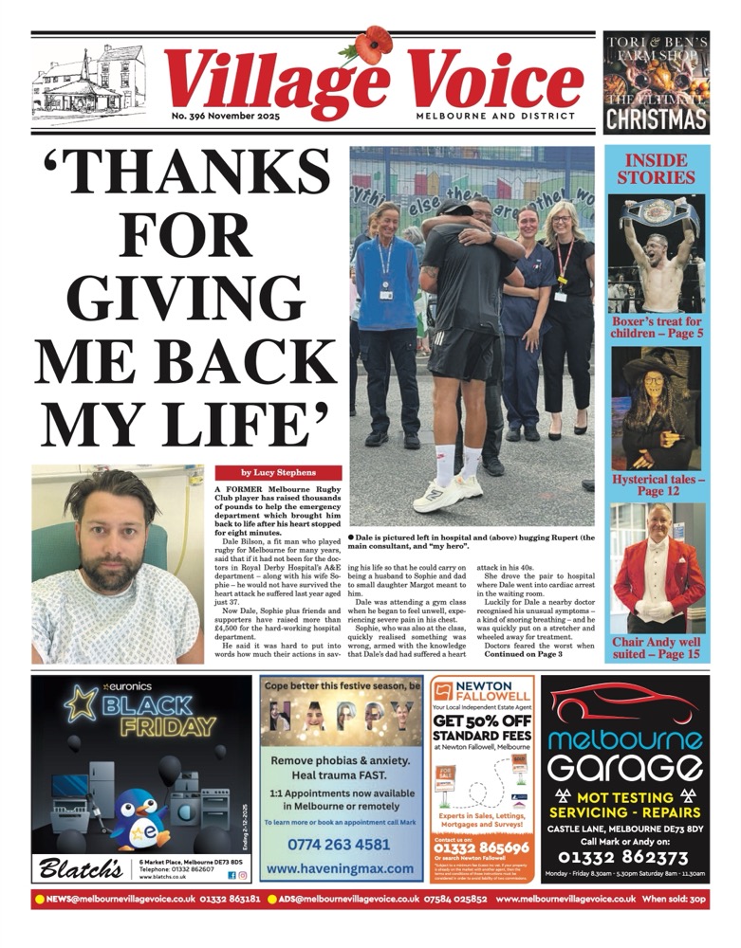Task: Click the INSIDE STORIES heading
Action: point(657,168)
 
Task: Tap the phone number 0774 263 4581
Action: point(340,844)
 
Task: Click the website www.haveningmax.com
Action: point(340,867)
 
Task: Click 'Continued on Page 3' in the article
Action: point(523,654)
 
